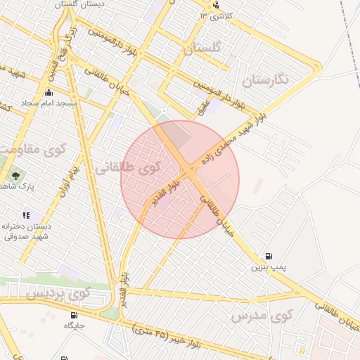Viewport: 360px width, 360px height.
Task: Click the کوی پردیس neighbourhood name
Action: pos(59,294)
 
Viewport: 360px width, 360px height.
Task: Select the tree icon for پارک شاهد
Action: pos(15,176)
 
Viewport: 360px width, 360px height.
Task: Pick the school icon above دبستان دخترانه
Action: pos(26,215)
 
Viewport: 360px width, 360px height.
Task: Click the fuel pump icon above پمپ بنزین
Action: pos(269,257)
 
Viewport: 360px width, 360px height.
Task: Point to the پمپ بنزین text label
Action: pos(269,267)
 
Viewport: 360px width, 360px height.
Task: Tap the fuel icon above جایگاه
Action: pos(75,315)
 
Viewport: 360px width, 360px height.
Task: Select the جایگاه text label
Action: pos(75,326)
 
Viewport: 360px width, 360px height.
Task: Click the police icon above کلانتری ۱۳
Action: pos(214,4)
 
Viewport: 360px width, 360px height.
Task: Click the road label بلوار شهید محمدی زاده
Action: pos(231,141)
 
